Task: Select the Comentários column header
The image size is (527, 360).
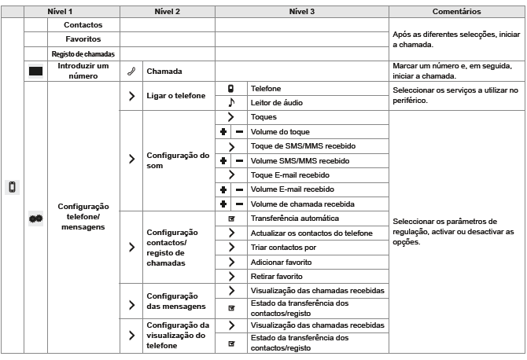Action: point(457,12)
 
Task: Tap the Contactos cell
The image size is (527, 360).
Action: point(83,25)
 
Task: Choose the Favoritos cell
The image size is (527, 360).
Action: point(83,39)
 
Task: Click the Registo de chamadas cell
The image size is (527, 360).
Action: point(83,53)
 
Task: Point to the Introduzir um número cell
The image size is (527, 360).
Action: point(83,72)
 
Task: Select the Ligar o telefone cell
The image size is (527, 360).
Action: point(175,96)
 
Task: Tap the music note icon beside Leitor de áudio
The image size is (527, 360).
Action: point(231,103)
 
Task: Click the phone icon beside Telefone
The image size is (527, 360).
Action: point(231,89)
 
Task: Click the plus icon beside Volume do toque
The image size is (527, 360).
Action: point(223,132)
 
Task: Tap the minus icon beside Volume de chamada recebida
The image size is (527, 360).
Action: point(239,204)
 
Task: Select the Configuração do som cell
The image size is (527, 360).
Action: point(178,160)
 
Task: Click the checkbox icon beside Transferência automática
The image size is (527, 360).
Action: point(231,219)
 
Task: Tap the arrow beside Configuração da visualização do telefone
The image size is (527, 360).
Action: point(131,334)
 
